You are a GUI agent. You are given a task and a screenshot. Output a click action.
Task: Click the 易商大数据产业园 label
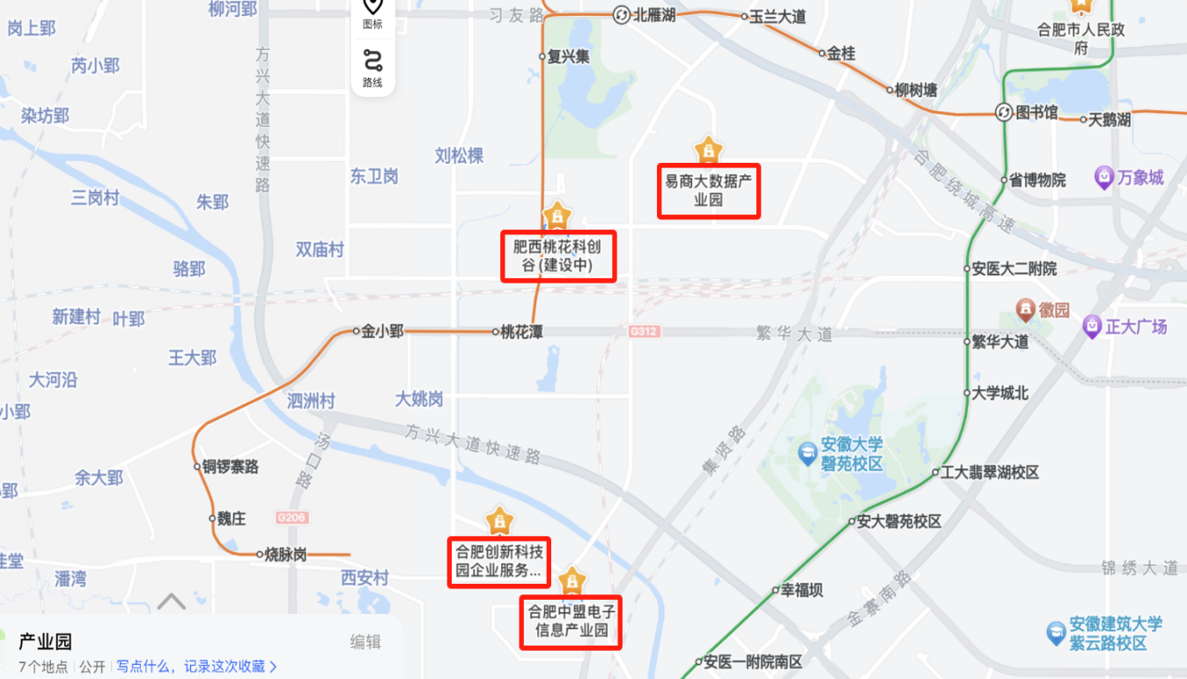click(708, 190)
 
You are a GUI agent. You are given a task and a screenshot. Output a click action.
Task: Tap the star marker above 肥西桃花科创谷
click(557, 215)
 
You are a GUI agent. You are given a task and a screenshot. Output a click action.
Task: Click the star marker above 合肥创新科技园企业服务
click(499, 521)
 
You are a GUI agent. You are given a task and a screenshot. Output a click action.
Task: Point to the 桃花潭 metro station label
click(522, 332)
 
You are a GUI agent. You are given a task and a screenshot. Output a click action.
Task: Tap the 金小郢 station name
click(382, 331)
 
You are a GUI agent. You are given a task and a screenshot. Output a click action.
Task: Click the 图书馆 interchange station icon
click(1003, 113)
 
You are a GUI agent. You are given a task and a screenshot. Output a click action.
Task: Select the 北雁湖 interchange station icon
click(621, 15)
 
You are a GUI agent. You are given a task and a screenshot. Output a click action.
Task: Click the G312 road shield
click(645, 332)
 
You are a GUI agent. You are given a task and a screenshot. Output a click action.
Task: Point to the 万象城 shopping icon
click(1104, 179)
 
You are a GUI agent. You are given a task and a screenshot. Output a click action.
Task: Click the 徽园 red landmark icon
click(1025, 310)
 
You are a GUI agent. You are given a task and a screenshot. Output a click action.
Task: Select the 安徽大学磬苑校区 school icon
click(807, 454)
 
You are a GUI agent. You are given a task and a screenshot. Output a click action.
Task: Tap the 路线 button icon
click(372, 61)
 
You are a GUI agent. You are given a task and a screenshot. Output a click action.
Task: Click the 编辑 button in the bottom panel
click(365, 642)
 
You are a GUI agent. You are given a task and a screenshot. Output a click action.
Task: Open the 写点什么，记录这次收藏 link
click(196, 667)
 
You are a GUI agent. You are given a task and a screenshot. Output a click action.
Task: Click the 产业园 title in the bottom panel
click(45, 642)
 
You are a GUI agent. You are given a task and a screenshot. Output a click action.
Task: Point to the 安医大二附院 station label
click(1014, 269)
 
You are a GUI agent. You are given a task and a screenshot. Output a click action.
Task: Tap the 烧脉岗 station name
click(285, 555)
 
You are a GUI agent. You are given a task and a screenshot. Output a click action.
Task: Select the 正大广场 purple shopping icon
click(1093, 327)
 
